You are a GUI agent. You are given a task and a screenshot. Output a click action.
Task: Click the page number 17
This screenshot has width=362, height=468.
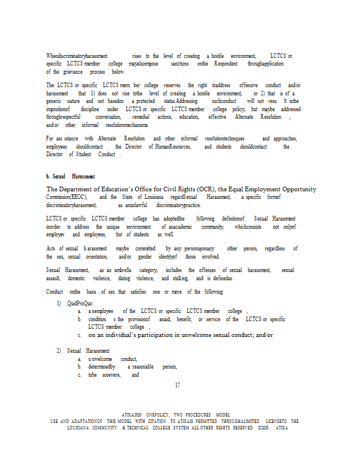pos(177,385)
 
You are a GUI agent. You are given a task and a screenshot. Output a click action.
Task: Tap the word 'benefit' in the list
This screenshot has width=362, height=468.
pos(184,319)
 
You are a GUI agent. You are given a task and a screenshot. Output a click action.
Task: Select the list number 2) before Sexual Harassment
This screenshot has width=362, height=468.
pos(59,350)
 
